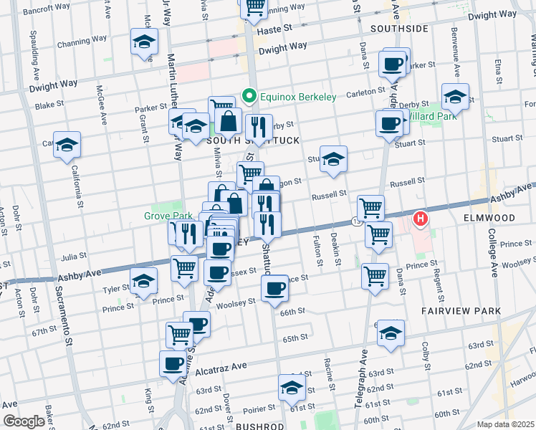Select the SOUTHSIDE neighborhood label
[399, 29]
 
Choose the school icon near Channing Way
[144, 42]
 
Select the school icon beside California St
[67, 145]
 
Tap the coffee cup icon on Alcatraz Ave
[173, 363]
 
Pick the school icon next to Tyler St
[143, 282]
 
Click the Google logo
[24, 421]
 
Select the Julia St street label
[73, 254]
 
